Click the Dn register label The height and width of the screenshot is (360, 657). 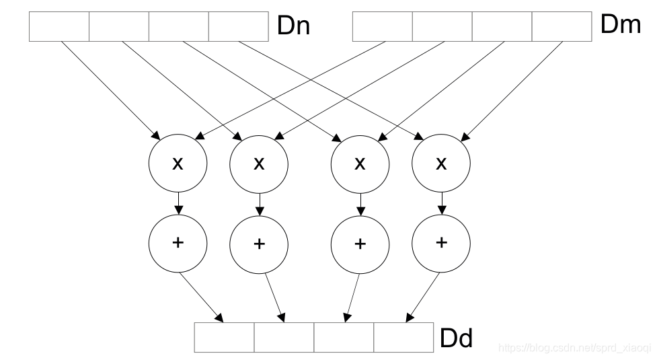[x=293, y=26]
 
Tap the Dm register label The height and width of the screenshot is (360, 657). [x=621, y=24]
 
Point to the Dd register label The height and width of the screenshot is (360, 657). [x=457, y=338]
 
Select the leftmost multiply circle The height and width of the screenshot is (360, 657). [x=178, y=164]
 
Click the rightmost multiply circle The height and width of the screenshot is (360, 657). [x=440, y=164]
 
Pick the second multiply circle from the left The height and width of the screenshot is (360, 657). [x=259, y=164]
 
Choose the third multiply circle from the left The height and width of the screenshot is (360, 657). [x=360, y=164]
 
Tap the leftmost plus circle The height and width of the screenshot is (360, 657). [x=178, y=244]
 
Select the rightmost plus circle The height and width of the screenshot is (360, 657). [x=440, y=244]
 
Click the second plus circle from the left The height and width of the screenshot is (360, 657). [x=259, y=245]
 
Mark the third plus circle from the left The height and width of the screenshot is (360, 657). [x=360, y=245]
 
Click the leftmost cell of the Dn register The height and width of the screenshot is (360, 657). [x=59, y=26]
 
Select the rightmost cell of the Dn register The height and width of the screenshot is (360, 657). [x=239, y=26]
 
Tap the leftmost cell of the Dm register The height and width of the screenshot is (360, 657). [x=383, y=26]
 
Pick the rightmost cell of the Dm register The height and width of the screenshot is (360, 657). [x=562, y=26]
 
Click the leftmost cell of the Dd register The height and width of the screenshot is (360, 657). [x=224, y=337]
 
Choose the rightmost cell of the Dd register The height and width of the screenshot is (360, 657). [x=403, y=337]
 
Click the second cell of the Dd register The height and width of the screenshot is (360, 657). [x=284, y=337]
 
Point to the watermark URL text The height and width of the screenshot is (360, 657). [x=575, y=347]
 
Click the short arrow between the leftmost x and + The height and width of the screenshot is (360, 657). [x=178, y=203]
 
